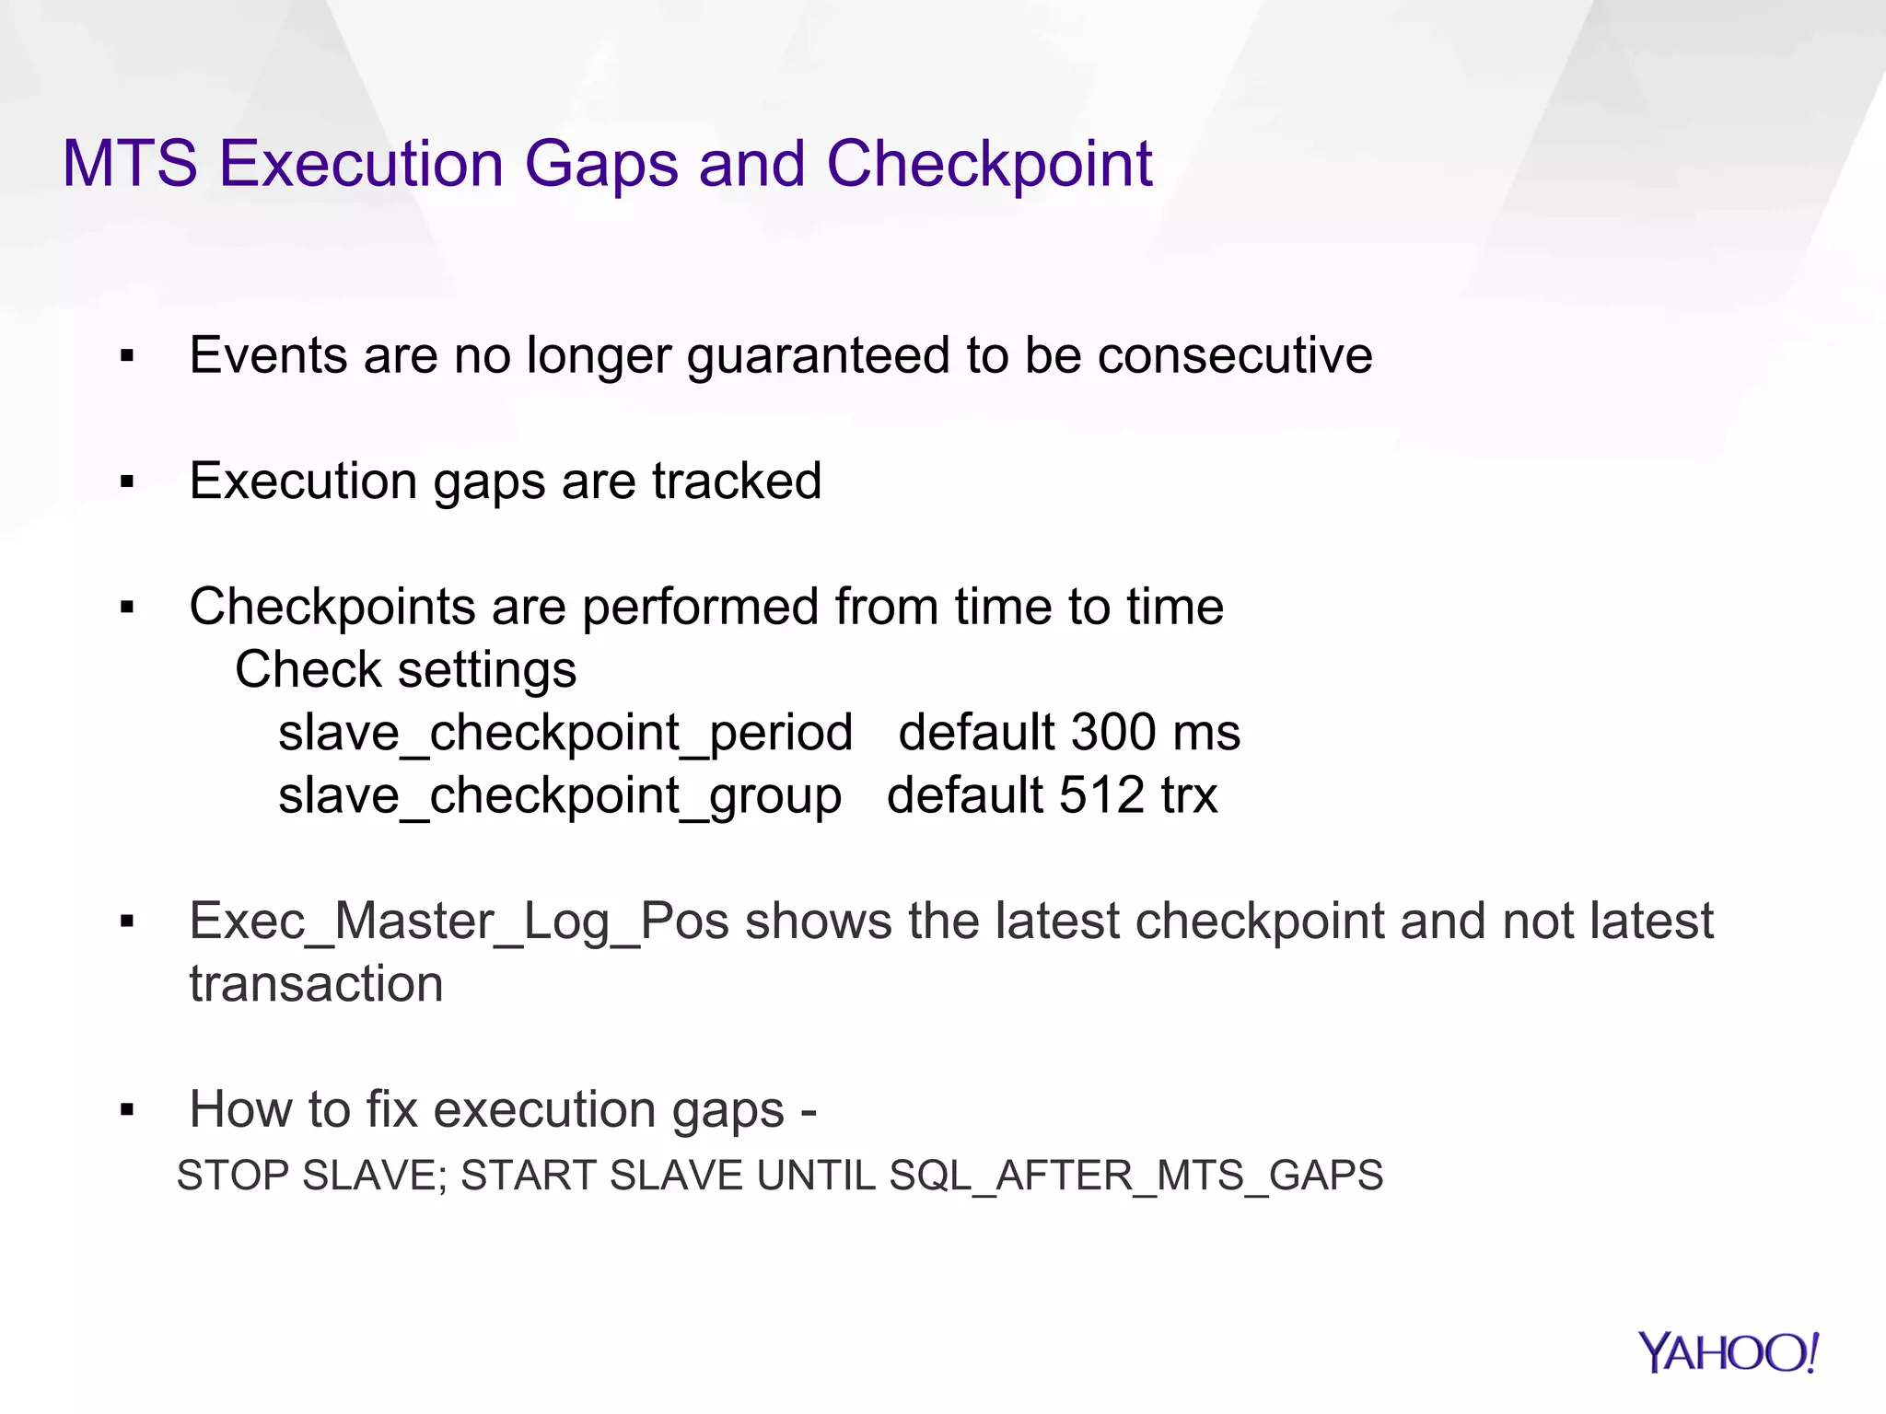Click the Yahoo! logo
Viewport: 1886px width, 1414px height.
[x=1728, y=1352]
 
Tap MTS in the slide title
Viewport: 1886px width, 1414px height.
[x=130, y=165]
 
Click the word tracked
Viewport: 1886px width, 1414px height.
[x=737, y=481]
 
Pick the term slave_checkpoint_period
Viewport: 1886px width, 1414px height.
[x=565, y=734]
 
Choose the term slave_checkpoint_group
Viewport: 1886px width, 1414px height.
[x=560, y=796]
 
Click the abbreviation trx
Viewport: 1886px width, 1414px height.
[x=1189, y=795]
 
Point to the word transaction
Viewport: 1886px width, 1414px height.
[x=316, y=984]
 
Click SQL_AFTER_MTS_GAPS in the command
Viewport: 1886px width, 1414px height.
[x=1135, y=1176]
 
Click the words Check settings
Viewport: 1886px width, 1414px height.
[x=405, y=669]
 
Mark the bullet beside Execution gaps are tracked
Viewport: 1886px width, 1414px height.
[x=127, y=481]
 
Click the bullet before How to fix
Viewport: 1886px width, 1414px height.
[x=127, y=1110]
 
